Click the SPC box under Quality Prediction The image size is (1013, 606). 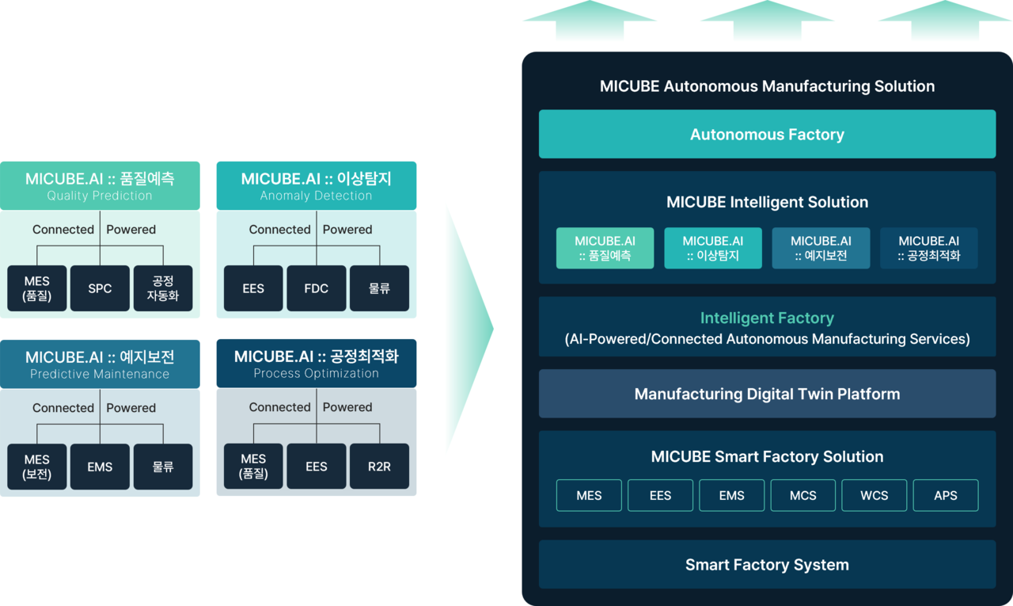[x=100, y=288]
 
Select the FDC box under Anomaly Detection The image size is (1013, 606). [x=317, y=288]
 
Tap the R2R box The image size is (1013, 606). [x=379, y=467]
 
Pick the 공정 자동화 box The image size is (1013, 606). [x=163, y=288]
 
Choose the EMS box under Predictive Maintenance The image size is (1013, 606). [x=100, y=467]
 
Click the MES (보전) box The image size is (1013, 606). [x=37, y=467]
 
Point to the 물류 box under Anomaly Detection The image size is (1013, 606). [x=379, y=288]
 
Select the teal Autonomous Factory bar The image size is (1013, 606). [x=767, y=135]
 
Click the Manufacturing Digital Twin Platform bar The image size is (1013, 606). [x=767, y=394]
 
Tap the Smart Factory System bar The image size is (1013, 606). [x=767, y=565]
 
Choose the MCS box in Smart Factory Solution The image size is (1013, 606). [x=803, y=495]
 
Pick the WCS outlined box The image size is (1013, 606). [x=875, y=495]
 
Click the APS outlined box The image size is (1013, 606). [x=946, y=495]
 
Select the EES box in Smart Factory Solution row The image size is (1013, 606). [x=660, y=495]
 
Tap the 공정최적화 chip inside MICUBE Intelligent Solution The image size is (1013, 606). [x=929, y=248]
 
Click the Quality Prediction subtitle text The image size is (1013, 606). [x=100, y=196]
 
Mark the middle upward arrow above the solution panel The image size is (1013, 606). [x=768, y=19]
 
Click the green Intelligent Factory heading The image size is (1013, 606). [x=767, y=318]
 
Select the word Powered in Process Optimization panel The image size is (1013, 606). [x=347, y=407]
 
